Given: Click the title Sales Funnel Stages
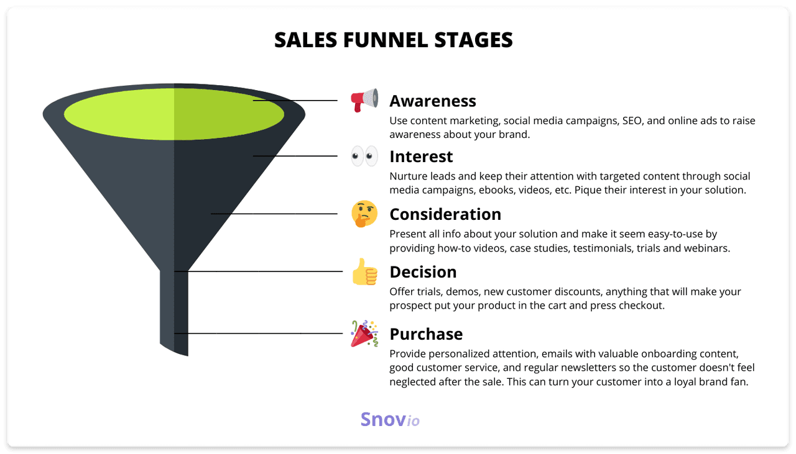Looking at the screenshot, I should (393, 40).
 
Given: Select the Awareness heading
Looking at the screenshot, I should (433, 101).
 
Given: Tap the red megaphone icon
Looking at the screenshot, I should (364, 100).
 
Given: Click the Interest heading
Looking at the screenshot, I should (421, 157).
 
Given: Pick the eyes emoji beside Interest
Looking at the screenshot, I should (364, 156).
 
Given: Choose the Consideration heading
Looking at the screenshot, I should (445, 214).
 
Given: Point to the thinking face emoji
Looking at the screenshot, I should (364, 214).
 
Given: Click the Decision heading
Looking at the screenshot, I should (423, 272).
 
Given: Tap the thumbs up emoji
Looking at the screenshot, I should (364, 271).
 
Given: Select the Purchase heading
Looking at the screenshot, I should (426, 334).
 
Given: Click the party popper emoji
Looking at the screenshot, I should (364, 334).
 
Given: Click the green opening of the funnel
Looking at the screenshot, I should (174, 114).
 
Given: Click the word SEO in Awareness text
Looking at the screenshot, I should (634, 120).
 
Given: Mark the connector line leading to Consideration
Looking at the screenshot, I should (274, 214).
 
